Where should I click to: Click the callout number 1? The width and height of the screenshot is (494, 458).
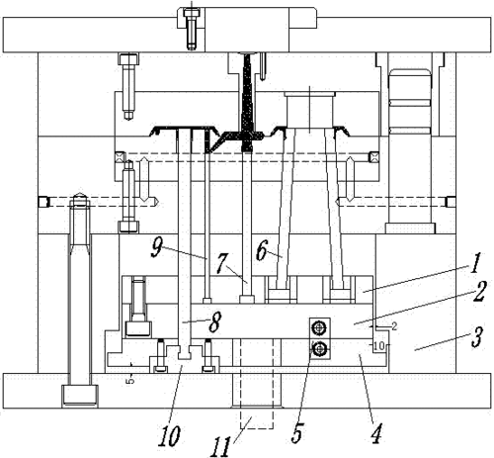475,264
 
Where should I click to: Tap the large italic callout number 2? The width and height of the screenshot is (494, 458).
479,292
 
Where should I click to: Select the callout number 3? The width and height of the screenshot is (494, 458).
477,337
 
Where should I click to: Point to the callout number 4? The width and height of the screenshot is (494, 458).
376,434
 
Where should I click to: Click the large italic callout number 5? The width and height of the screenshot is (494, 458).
297,432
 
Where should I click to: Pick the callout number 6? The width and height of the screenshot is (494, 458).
262,250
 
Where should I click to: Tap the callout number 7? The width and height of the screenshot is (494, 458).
222,263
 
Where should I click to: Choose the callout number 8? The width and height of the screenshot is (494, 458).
214,322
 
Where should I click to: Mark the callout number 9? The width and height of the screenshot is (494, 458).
156,247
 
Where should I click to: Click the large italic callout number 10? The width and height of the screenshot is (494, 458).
169,436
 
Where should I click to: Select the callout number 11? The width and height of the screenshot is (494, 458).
220,447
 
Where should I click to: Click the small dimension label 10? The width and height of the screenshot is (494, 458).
379,346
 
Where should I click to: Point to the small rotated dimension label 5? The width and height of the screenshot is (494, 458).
130,380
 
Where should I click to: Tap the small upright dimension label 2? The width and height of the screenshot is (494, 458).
394,326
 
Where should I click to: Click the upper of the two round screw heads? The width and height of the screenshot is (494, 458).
319,327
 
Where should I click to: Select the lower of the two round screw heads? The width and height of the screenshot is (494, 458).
319,348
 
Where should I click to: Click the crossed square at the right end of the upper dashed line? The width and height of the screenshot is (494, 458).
374,156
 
